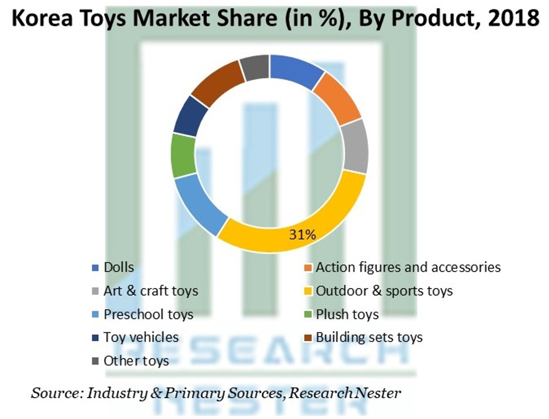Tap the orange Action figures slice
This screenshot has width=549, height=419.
pyautogui.click(x=338, y=98)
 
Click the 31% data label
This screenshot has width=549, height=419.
pyautogui.click(x=302, y=235)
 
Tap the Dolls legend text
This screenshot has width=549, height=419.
pyautogui.click(x=119, y=268)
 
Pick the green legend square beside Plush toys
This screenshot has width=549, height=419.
pyautogui.click(x=308, y=314)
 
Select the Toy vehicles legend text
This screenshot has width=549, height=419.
pyautogui.click(x=141, y=338)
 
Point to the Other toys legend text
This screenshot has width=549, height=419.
pyautogui.click(x=136, y=361)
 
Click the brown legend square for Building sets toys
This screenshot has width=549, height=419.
pyautogui.click(x=308, y=338)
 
